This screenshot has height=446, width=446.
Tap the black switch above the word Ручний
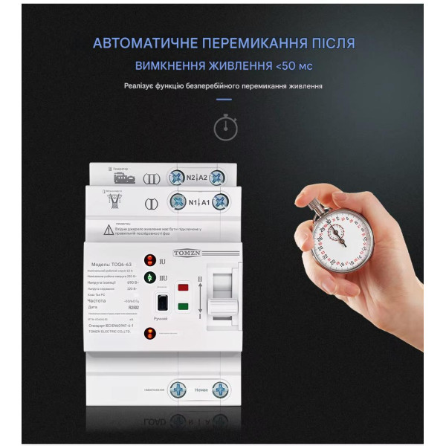coord(161,304)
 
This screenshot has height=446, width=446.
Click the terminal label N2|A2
coord(196,178)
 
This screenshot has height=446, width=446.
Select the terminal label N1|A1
coord(196,202)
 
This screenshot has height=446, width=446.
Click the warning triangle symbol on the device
coord(109,229)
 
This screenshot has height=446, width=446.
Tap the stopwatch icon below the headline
coord(225,127)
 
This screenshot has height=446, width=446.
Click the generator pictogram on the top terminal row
coord(123,178)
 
